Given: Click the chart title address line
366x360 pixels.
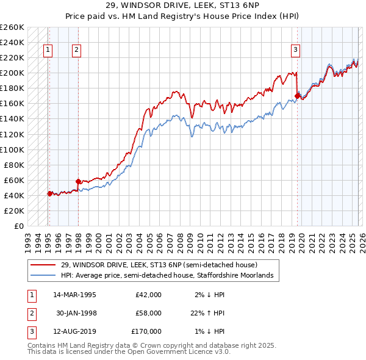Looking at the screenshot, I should pos(182,7).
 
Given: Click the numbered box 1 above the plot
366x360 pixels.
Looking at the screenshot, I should pos(48,51).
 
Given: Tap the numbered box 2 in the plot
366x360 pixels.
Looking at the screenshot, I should pos(76,51).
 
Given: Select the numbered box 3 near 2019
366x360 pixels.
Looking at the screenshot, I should pos(295,51).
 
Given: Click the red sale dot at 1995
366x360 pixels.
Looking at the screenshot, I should pos(49,193).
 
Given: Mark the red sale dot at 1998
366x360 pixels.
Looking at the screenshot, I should pos(78,181).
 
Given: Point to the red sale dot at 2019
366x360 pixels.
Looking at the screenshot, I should pos(298,95).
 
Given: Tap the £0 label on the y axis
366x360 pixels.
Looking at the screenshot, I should pos(18,226).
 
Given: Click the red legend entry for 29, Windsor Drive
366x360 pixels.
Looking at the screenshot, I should pos(159,265).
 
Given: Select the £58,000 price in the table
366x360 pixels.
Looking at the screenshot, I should pos(148,313).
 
